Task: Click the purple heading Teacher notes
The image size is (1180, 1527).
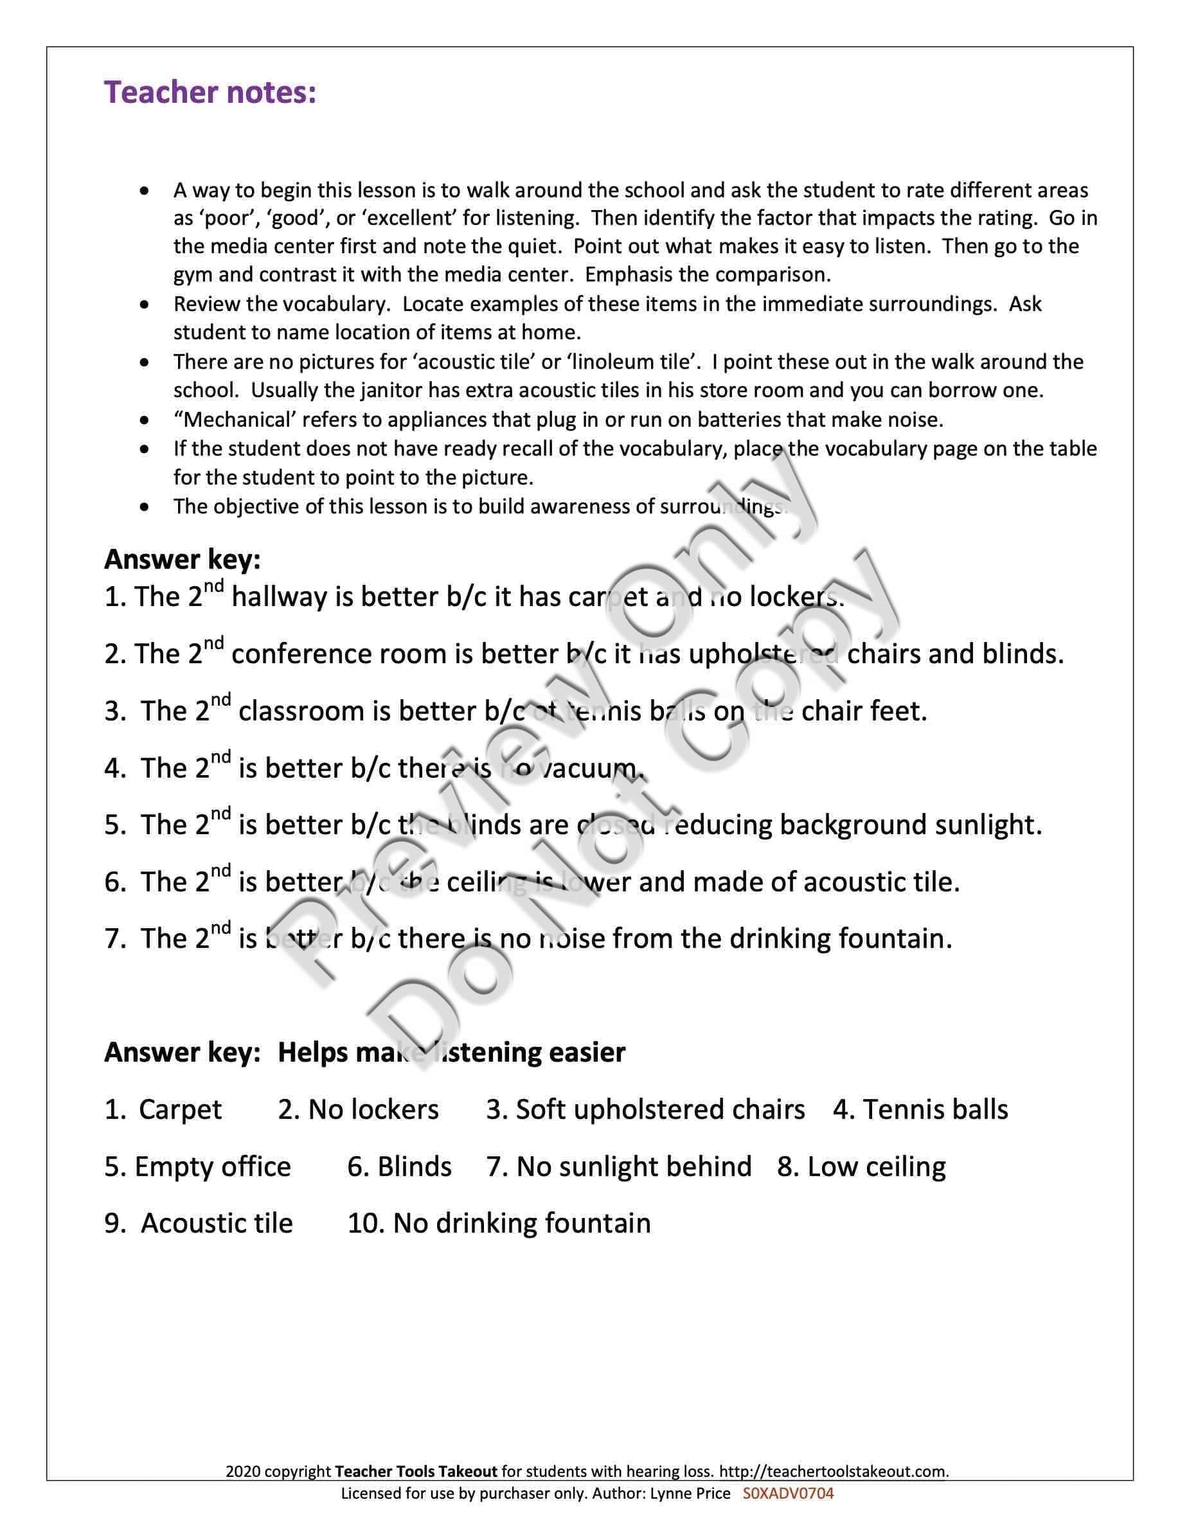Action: [210, 93]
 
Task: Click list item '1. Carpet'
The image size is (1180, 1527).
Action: [163, 1110]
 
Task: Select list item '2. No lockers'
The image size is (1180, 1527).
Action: [358, 1110]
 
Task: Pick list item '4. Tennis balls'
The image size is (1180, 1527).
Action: [920, 1110]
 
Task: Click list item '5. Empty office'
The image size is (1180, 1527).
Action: [197, 1167]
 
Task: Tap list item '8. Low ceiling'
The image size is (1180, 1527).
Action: [861, 1167]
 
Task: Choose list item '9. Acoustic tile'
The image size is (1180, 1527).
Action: [199, 1224]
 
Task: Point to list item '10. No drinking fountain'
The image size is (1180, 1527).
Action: [499, 1224]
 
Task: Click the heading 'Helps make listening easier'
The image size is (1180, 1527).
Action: [452, 1052]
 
